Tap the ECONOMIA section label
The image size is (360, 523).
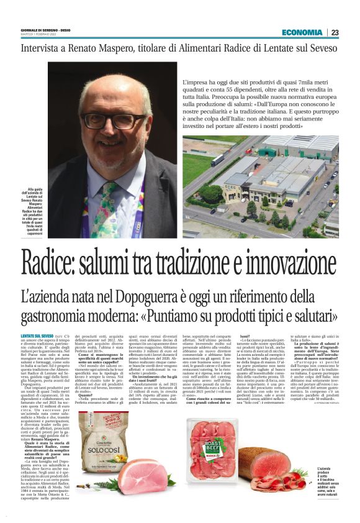(302, 32)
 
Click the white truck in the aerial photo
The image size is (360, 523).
(218, 160)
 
